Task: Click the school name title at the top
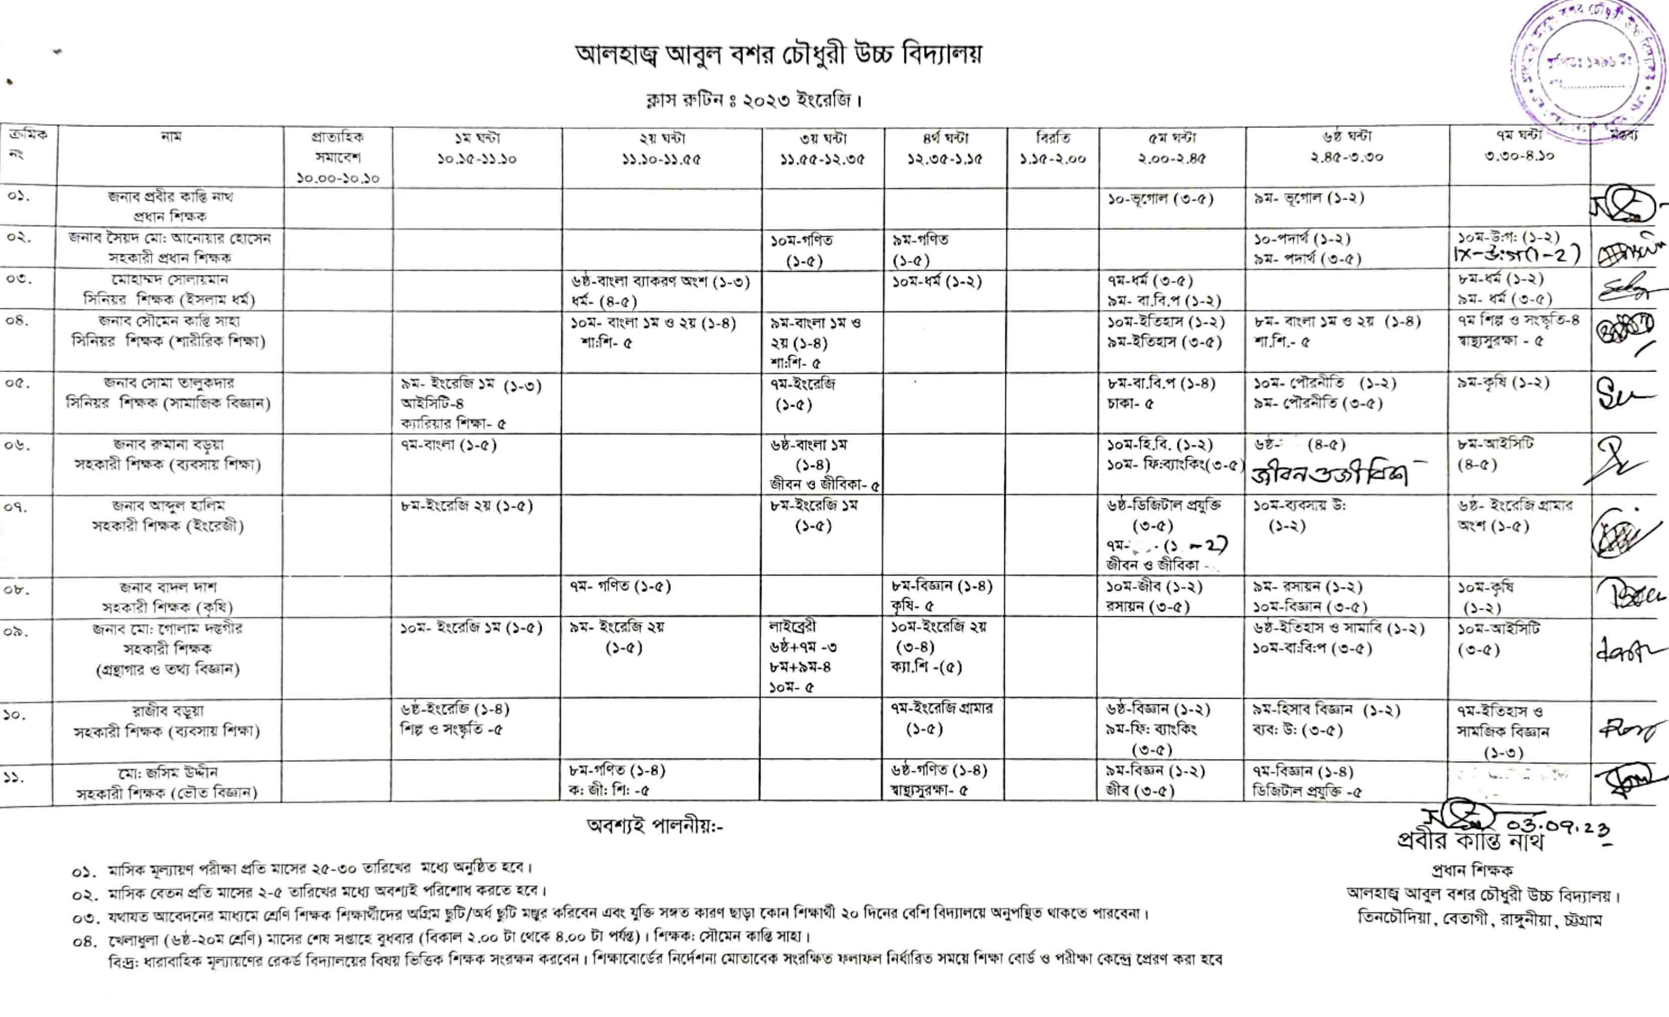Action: pyautogui.click(x=778, y=55)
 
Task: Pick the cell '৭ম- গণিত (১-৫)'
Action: pyautogui.click(x=620, y=586)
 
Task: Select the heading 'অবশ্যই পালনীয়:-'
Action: pyautogui.click(x=654, y=825)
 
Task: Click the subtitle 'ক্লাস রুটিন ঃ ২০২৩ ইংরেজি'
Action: pyautogui.click(x=752, y=102)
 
